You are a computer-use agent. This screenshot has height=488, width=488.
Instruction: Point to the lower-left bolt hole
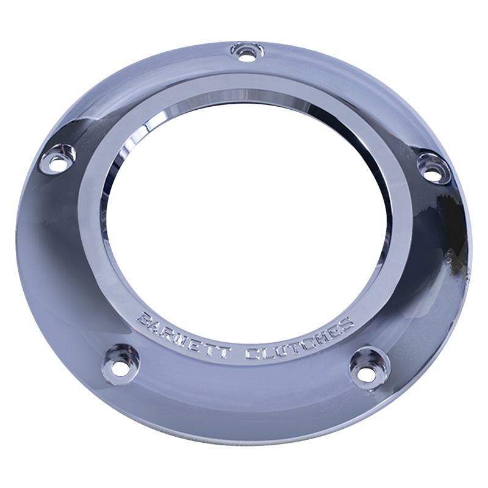coord(117,370)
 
